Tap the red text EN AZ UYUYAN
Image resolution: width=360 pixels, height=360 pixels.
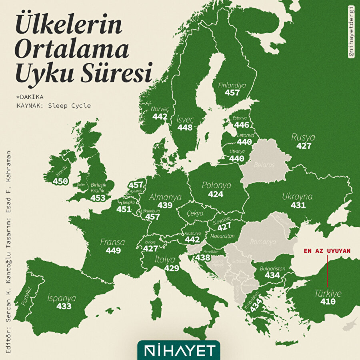click(x=327, y=251)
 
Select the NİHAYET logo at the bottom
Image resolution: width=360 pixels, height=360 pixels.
click(x=179, y=350)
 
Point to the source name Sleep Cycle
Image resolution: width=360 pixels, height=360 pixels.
click(x=69, y=106)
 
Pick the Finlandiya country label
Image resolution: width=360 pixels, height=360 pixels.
click(x=232, y=85)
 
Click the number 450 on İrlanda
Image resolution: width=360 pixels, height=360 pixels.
click(x=60, y=182)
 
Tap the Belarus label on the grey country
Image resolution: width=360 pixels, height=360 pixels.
click(x=264, y=164)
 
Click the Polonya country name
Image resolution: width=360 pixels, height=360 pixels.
click(x=216, y=186)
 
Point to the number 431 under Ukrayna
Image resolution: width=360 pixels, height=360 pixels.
click(x=298, y=205)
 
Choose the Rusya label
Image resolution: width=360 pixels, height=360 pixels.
click(x=303, y=138)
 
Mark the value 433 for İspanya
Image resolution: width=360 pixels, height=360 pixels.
click(x=64, y=306)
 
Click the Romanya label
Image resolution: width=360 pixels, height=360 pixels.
click(x=263, y=242)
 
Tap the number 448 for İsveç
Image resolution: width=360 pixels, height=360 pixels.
click(x=185, y=128)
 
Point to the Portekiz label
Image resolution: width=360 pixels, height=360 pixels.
click(x=27, y=296)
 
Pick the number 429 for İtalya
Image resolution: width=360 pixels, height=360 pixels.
click(x=172, y=268)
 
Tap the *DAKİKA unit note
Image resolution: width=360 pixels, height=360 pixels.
click(x=30, y=97)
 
